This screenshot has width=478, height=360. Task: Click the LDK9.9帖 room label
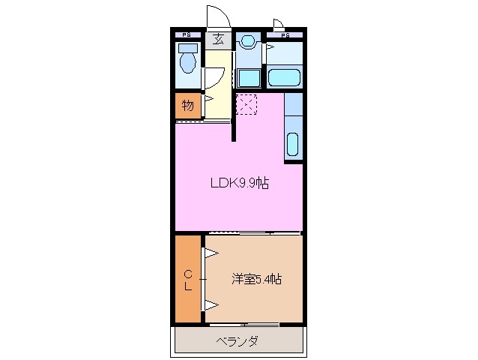(239, 181)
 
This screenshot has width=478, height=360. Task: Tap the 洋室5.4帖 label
(256, 279)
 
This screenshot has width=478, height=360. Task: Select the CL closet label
(188, 279)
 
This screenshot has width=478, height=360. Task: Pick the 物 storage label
(188, 106)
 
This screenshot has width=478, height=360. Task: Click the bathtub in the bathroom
(285, 77)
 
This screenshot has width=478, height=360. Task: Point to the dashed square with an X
(247, 103)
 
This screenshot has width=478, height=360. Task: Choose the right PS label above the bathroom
(285, 34)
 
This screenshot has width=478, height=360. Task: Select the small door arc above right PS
(278, 24)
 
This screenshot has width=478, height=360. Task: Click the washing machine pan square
(248, 77)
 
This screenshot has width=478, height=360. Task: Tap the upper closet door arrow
(211, 254)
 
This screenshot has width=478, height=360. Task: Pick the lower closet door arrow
(211, 304)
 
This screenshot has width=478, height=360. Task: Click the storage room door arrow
(208, 97)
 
